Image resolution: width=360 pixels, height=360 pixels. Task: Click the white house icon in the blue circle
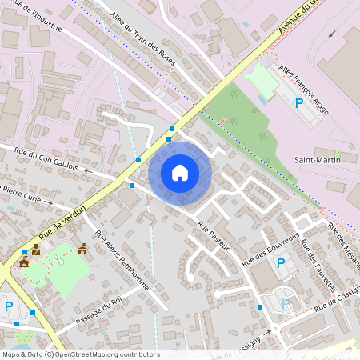(x=180, y=173)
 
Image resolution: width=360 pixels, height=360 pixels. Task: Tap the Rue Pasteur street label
(x=213, y=237)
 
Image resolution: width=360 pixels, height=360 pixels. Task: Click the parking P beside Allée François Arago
(x=300, y=103)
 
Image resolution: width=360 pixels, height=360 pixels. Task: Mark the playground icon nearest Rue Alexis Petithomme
(x=82, y=249)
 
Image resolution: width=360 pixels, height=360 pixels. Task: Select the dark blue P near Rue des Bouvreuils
(x=280, y=263)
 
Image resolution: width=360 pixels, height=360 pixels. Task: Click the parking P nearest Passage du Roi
(x=9, y=306)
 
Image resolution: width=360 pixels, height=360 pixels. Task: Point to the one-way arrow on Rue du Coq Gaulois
(x=89, y=171)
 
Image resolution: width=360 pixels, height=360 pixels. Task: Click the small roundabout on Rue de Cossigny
(x=274, y=328)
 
